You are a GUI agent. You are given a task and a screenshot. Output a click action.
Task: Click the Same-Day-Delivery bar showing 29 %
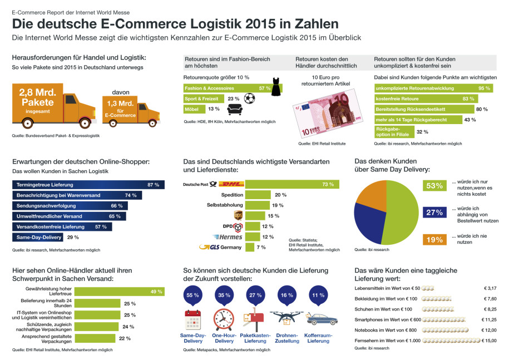(x=37, y=237)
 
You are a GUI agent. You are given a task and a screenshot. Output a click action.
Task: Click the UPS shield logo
(x=239, y=216)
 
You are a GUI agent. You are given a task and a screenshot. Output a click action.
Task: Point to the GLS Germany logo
(x=220, y=248)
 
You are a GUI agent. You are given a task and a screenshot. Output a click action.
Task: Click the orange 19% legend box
(x=434, y=240)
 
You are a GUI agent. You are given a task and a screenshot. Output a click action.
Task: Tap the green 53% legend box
(x=434, y=186)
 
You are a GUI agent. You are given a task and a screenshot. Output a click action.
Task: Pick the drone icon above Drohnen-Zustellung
(x=287, y=317)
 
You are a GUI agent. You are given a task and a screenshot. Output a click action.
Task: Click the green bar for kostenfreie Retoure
(x=423, y=98)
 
